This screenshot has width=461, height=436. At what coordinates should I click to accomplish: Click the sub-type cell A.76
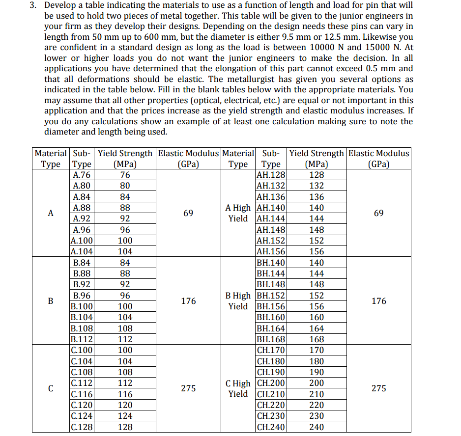[x=81, y=175]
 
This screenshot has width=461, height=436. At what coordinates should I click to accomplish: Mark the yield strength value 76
[x=125, y=175]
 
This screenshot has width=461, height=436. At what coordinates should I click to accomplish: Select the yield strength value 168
[x=317, y=339]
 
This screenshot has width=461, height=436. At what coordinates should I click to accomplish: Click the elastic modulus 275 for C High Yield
[x=378, y=389]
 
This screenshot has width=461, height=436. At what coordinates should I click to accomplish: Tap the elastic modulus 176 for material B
[x=189, y=301]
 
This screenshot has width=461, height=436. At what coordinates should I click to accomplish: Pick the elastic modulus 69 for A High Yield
[x=378, y=214]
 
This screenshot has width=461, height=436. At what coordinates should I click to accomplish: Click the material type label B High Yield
[x=238, y=301]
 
